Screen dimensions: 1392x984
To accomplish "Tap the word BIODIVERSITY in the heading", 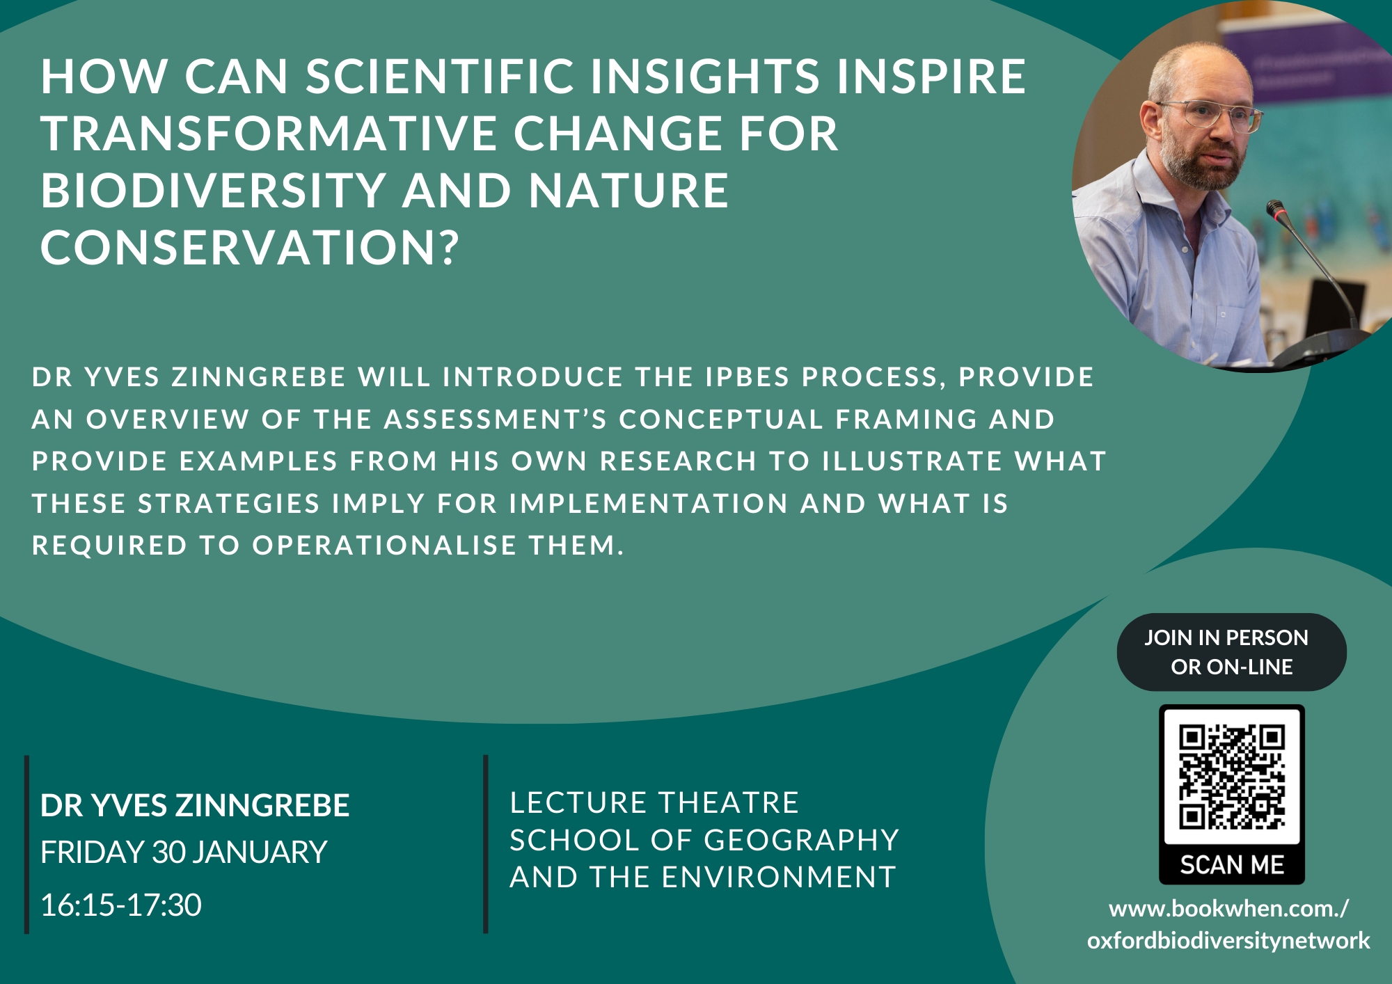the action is click(213, 190).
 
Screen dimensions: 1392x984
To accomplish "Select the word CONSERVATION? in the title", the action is click(251, 247).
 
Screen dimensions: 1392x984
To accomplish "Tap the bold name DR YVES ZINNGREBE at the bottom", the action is click(195, 805).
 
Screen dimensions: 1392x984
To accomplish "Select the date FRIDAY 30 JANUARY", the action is click(184, 852).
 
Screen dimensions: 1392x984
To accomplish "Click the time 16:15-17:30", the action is click(121, 905).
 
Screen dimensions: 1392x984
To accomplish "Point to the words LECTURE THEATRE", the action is click(654, 802).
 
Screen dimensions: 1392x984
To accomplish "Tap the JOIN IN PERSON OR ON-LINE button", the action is click(1232, 652).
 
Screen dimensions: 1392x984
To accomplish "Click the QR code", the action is click(1232, 777).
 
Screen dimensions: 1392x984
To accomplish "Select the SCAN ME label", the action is click(1232, 865).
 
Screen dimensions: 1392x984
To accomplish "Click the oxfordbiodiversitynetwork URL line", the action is click(1228, 940).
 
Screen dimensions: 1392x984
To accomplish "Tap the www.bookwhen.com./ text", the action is click(1228, 908).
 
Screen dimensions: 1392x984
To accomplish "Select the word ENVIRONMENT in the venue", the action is click(779, 877).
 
